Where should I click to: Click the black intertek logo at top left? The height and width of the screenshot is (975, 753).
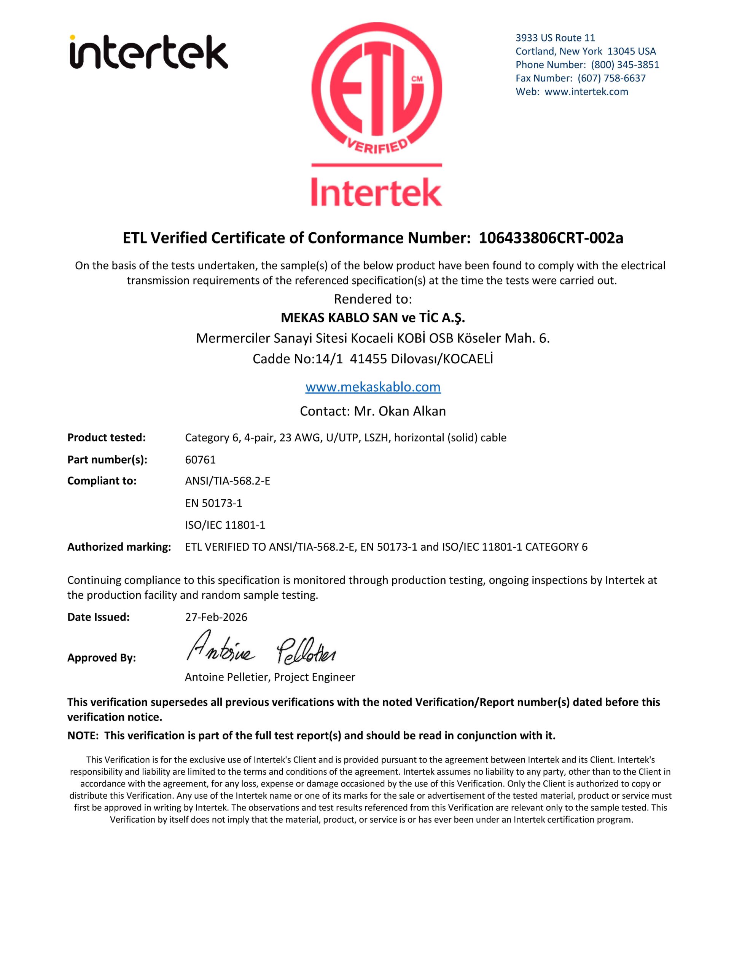[x=148, y=53]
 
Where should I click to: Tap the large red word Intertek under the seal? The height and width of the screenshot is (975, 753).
[x=377, y=192]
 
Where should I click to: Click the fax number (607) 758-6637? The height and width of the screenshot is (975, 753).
[x=611, y=78]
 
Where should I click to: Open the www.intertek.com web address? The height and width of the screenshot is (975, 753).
[x=586, y=91]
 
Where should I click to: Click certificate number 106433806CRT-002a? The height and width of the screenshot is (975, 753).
[x=551, y=238]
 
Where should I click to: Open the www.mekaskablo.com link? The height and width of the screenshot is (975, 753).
[x=373, y=387]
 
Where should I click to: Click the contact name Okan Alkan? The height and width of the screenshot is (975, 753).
[x=412, y=411]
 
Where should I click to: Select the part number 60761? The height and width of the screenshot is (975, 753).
[x=200, y=459]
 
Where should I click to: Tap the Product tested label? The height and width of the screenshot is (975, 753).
[x=107, y=438]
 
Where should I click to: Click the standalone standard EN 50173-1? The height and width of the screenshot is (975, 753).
[x=213, y=503]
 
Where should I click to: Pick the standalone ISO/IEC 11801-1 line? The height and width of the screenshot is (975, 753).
[x=225, y=525]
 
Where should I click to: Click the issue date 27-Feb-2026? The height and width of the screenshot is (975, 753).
[x=216, y=617]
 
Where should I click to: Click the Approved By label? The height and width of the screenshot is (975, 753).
[x=102, y=658]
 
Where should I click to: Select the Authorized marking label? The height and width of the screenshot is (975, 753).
[x=119, y=547]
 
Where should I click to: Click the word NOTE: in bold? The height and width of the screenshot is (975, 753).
[x=83, y=735]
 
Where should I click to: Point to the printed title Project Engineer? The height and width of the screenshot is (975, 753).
[x=315, y=677]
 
